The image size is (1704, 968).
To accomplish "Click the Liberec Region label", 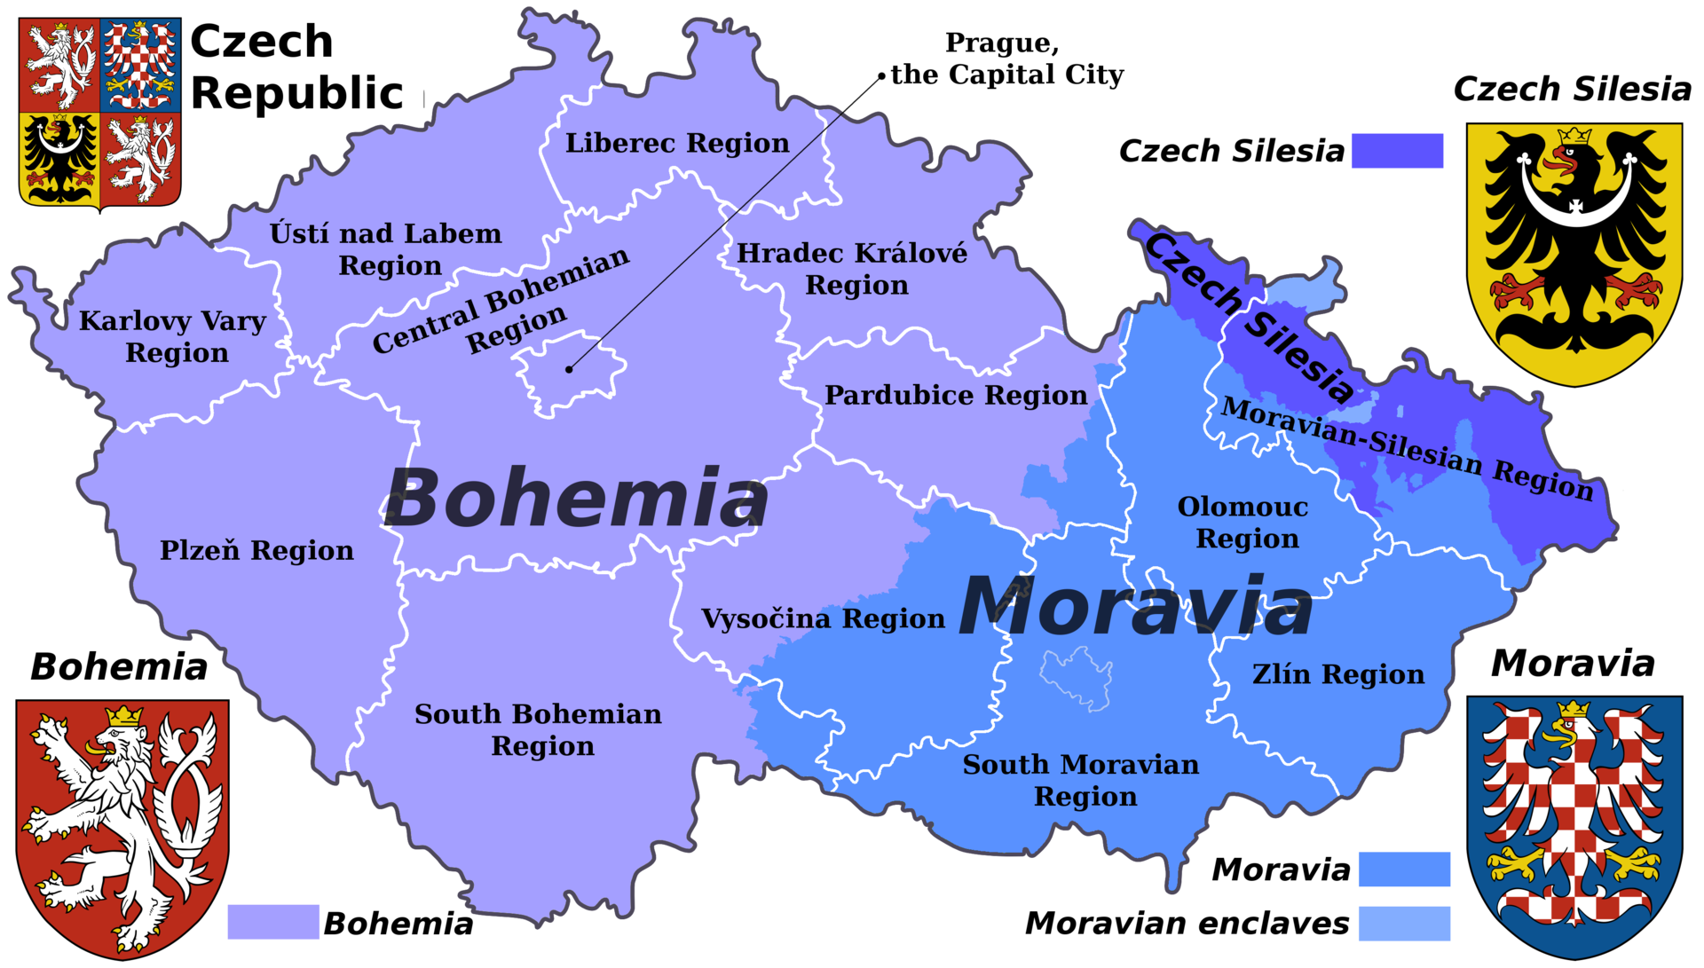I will pyautogui.click(x=677, y=143).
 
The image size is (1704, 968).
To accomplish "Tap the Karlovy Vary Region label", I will pyautogui.click(x=173, y=336).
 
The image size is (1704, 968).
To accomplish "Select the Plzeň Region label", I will pyautogui.click(x=256, y=550).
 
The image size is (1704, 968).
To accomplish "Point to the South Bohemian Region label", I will pyautogui.click(x=539, y=729).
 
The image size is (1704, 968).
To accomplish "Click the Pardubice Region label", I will pyautogui.click(x=956, y=395).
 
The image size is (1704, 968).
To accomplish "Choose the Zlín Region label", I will pyautogui.click(x=1338, y=674).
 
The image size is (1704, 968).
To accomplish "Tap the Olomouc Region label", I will pyautogui.click(x=1244, y=523).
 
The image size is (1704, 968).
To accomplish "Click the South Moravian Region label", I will pyautogui.click(x=1081, y=780).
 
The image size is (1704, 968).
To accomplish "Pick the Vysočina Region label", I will pyautogui.click(x=823, y=618).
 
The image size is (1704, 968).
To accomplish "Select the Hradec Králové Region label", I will pyautogui.click(x=853, y=269).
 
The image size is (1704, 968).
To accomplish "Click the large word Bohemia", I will pyautogui.click(x=576, y=498).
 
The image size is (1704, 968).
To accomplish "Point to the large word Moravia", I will pyautogui.click(x=1136, y=606).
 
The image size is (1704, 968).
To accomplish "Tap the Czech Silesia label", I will pyautogui.click(x=1250, y=317).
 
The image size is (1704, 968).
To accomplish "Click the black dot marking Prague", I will pyautogui.click(x=569, y=368).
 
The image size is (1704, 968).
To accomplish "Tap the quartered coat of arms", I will pyautogui.click(x=100, y=113).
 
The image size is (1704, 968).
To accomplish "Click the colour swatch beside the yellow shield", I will pyautogui.click(x=1397, y=151).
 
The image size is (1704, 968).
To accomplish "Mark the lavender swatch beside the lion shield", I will pyautogui.click(x=273, y=922).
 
